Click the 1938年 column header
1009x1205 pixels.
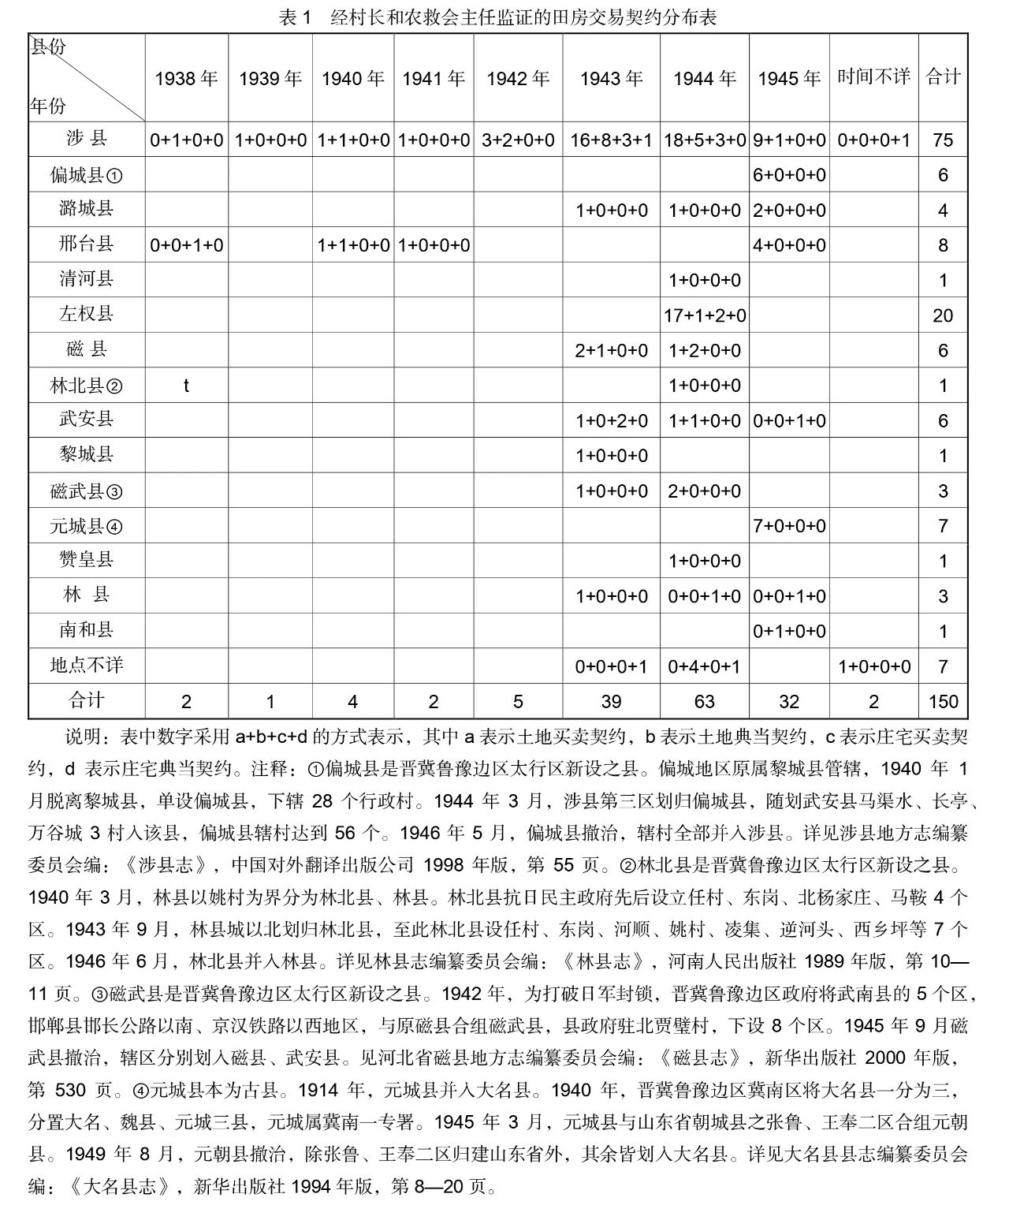pyautogui.click(x=186, y=78)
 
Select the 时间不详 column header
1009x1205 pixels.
pyautogui.click(x=873, y=76)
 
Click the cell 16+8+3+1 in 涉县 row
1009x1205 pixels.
pyautogui.click(x=611, y=140)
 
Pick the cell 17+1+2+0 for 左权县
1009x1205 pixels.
pyautogui.click(x=704, y=315)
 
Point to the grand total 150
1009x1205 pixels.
pyautogui.click(x=943, y=702)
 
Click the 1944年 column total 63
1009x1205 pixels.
pyautogui.click(x=704, y=702)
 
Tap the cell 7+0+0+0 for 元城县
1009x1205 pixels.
pyautogui.click(x=789, y=526)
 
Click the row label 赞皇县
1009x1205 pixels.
pyautogui.click(x=86, y=561)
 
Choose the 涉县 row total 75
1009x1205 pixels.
pyautogui.click(x=943, y=140)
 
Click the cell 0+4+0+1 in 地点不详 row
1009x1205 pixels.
pyautogui.click(x=704, y=667)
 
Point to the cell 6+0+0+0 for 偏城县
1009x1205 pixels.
pyautogui.click(x=789, y=175)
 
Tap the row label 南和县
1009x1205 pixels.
pyautogui.click(x=86, y=631)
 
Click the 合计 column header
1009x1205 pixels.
pyautogui.click(x=943, y=76)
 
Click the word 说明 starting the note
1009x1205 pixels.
pyautogui.click(x=81, y=737)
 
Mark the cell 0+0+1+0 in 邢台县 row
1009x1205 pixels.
pyautogui.click(x=186, y=245)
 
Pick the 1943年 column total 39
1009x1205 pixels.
pyautogui.click(x=611, y=702)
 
